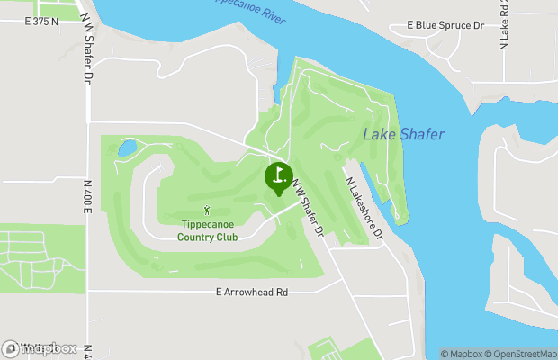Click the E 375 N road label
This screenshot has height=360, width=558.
point(43,20)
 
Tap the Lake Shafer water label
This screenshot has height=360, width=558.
point(404,134)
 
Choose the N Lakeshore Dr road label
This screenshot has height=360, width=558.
point(364,206)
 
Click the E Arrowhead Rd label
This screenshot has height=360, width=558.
point(252,292)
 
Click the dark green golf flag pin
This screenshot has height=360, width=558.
point(278,175)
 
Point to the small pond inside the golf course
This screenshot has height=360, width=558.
point(128,146)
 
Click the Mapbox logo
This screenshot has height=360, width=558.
point(40,348)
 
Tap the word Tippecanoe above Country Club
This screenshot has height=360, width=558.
point(208,224)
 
